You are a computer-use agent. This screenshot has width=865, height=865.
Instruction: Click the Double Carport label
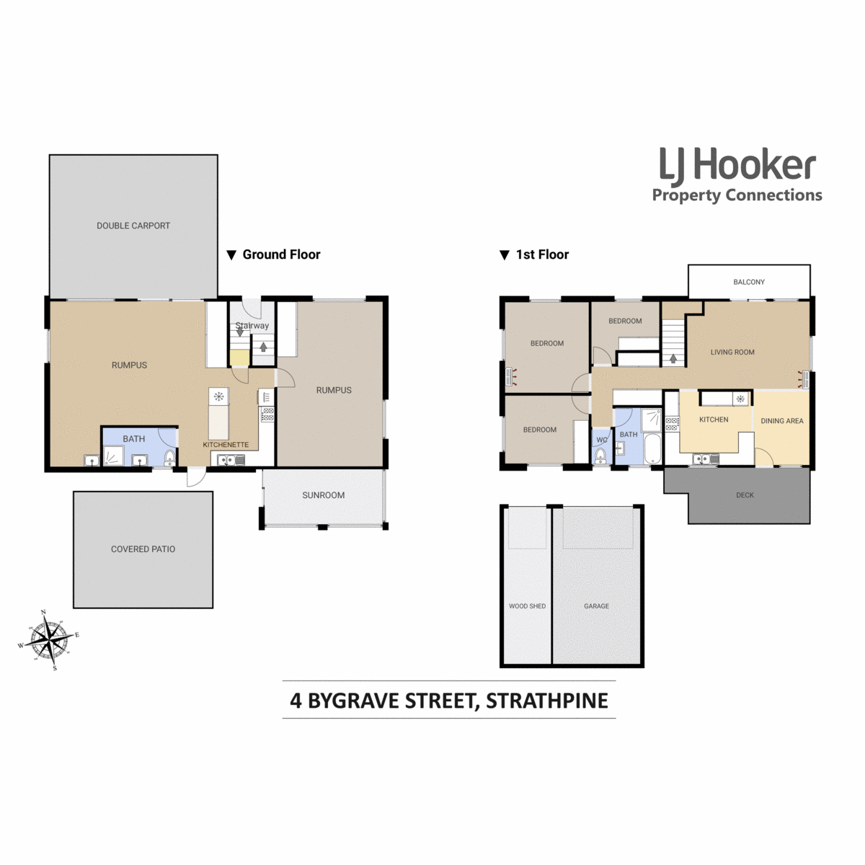pyautogui.click(x=133, y=226)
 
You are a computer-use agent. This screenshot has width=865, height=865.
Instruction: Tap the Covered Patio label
pyautogui.click(x=143, y=549)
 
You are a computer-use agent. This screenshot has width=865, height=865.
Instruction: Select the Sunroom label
pyautogui.click(x=323, y=495)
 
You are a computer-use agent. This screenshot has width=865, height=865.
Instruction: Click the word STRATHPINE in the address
pyautogui.click(x=547, y=701)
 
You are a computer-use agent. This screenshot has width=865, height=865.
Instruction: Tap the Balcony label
pyautogui.click(x=749, y=282)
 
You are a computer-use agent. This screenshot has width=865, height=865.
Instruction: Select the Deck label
pyautogui.click(x=745, y=495)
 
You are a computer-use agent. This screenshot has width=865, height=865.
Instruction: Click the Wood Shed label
pyautogui.click(x=527, y=606)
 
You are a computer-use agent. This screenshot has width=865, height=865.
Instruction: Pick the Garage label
pyautogui.click(x=596, y=606)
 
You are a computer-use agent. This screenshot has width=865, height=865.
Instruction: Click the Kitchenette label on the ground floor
pyautogui.click(x=226, y=445)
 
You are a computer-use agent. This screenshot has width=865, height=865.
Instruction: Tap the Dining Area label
pyautogui.click(x=782, y=421)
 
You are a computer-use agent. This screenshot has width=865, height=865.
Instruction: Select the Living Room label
pyautogui.click(x=732, y=352)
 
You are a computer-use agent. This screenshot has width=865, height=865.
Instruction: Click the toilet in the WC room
pyautogui.click(x=600, y=456)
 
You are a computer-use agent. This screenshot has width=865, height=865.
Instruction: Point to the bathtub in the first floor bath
pyautogui.click(x=652, y=448)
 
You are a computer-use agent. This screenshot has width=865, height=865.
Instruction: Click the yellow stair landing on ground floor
pyautogui.click(x=239, y=358)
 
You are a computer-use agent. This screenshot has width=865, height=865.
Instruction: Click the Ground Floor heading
pyautogui.click(x=273, y=254)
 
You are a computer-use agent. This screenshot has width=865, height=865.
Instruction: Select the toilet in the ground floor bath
pyautogui.click(x=169, y=458)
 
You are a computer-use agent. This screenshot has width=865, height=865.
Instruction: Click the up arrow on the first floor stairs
pyautogui.click(x=673, y=358)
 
